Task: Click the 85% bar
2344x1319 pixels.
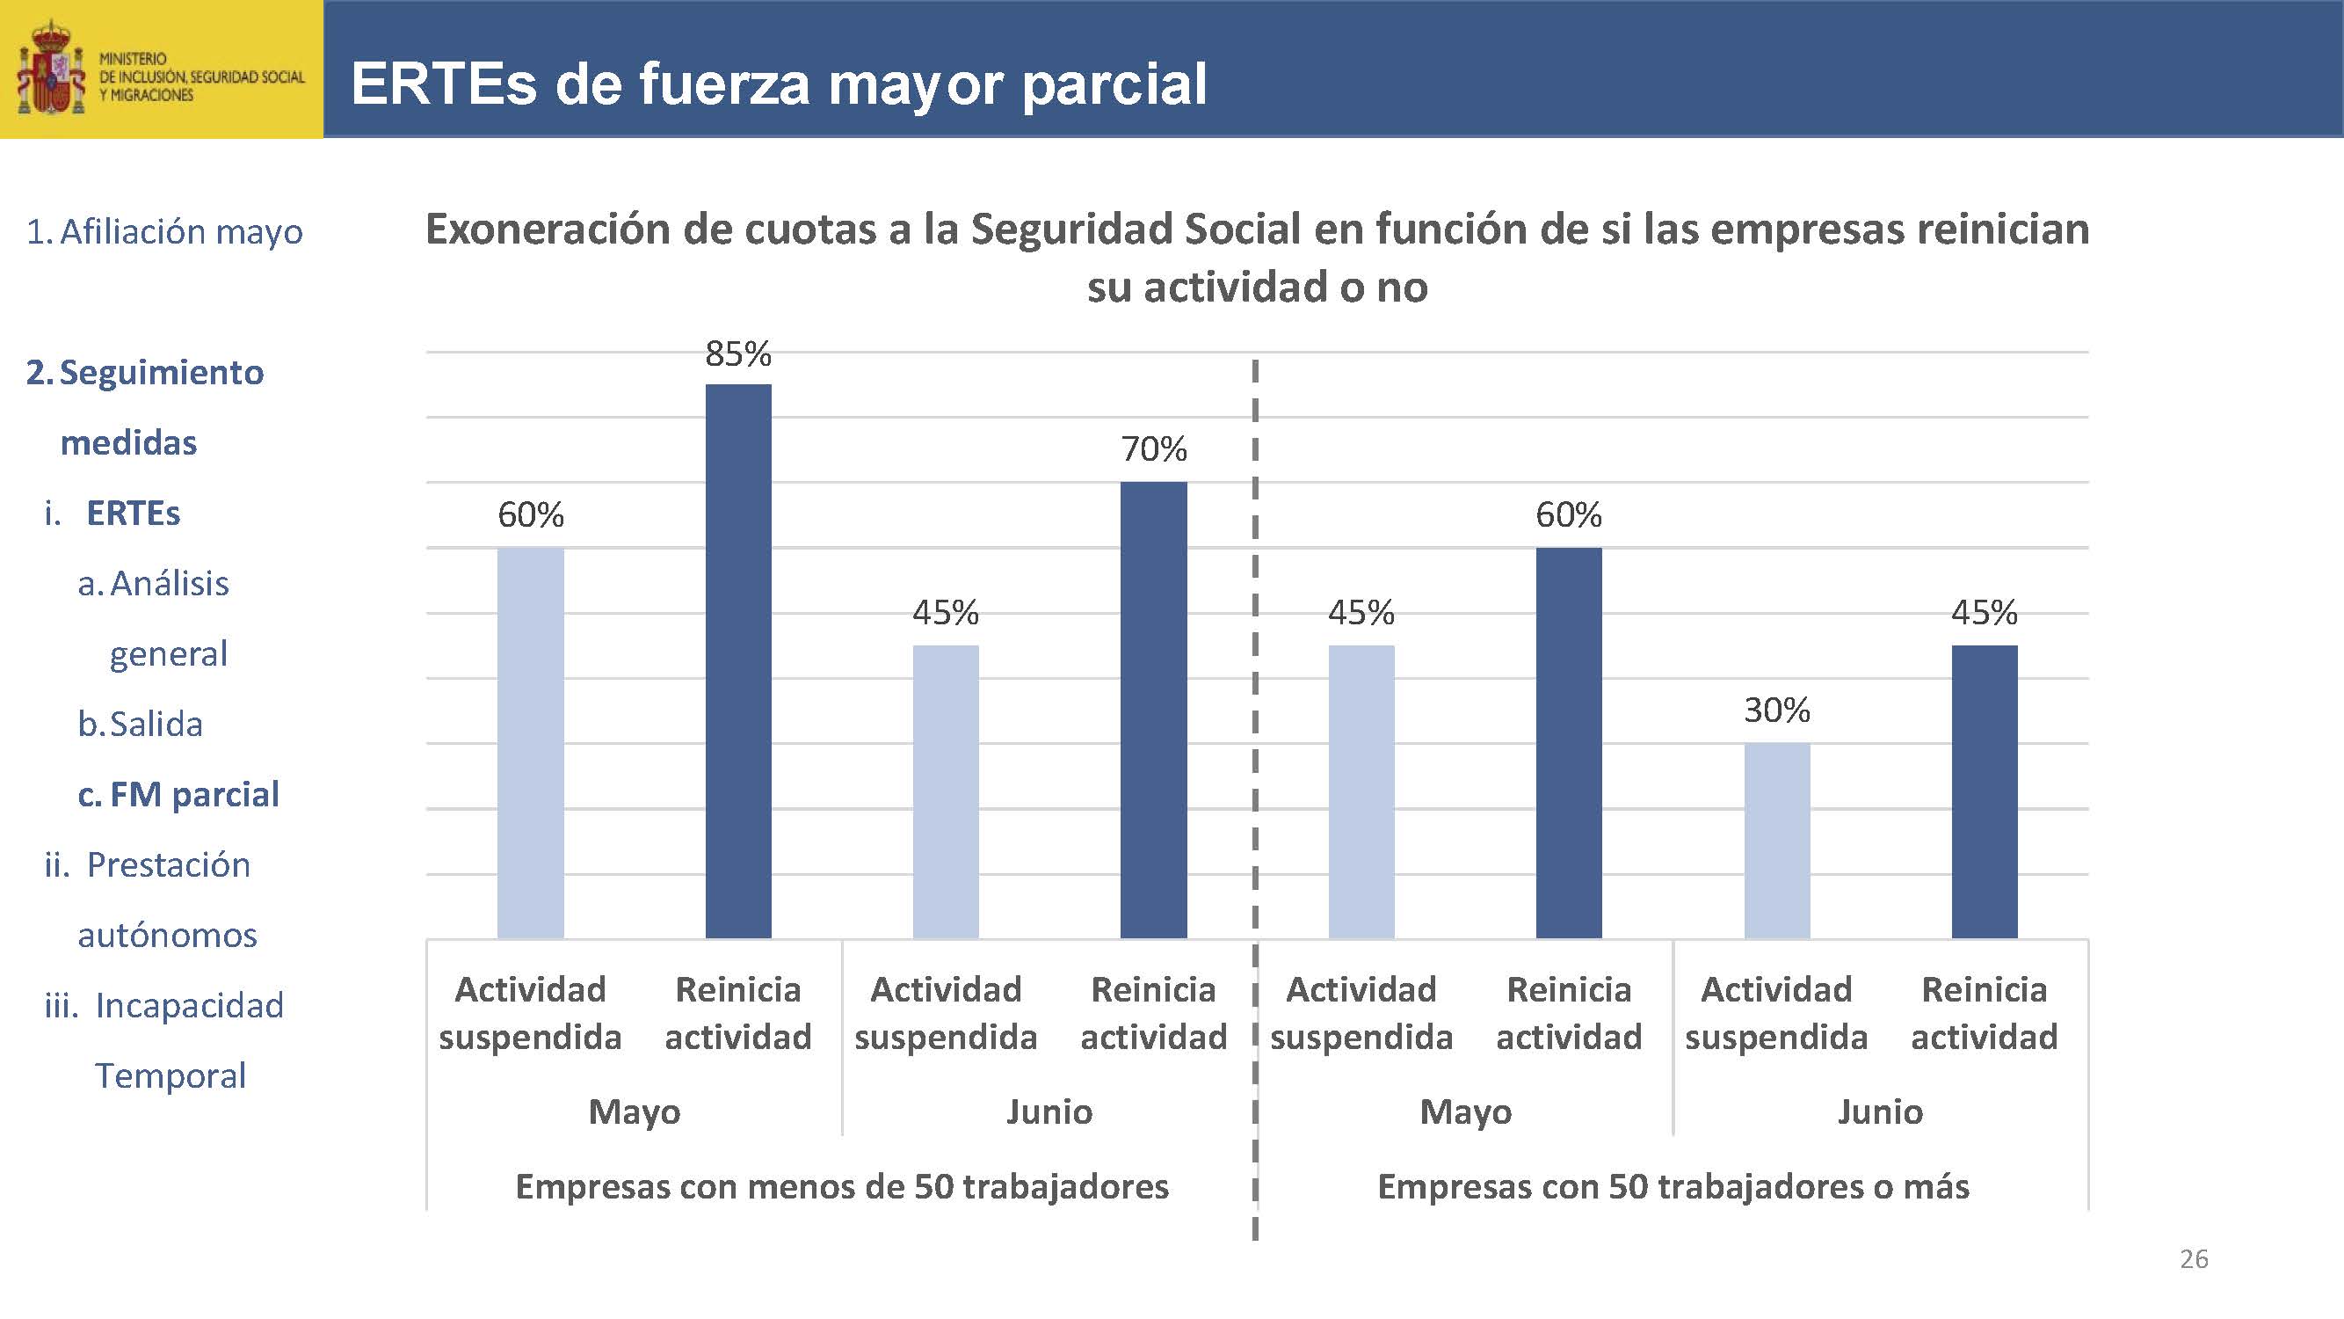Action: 738,661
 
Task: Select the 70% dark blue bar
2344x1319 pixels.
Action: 1153,710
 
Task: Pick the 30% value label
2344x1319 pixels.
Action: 1776,710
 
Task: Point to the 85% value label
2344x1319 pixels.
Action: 738,353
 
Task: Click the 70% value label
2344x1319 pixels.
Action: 1153,448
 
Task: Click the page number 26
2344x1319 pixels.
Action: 2194,1259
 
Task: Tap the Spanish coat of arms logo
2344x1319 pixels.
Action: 50,70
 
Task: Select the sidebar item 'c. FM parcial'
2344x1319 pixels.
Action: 178,794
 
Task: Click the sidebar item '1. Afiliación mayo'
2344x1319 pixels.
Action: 164,231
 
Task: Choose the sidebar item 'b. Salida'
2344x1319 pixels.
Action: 140,724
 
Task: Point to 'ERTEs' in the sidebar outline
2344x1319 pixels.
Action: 133,514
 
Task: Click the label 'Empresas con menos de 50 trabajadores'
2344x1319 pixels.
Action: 842,1186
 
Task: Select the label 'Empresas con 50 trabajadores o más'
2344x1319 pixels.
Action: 1673,1186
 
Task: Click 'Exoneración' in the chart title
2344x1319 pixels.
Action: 548,229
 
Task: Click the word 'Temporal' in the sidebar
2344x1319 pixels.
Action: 171,1075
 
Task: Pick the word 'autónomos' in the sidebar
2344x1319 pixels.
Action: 167,935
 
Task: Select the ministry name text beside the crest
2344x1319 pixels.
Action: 201,77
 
